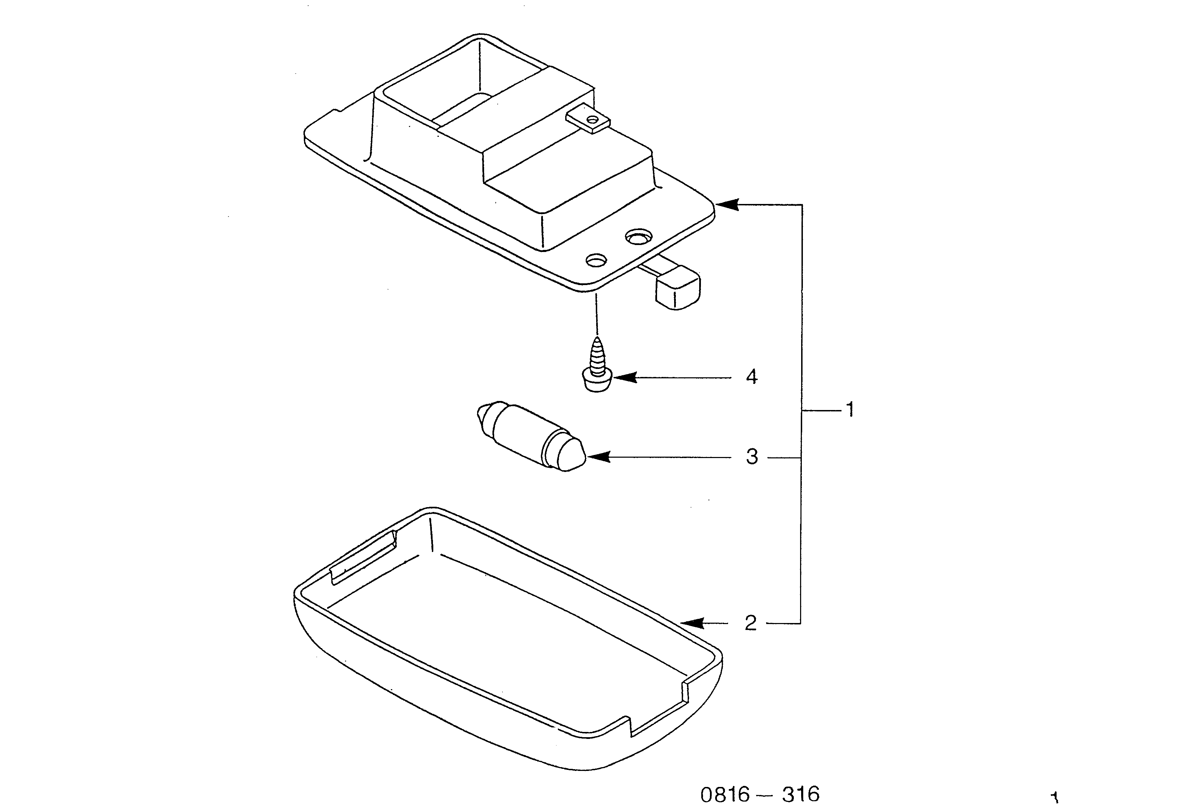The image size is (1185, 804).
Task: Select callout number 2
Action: click(x=751, y=623)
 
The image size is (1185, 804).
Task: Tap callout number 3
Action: click(x=752, y=457)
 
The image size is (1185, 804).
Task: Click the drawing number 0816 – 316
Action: click(x=760, y=794)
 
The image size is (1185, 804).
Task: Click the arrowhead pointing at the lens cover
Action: click(x=693, y=623)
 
